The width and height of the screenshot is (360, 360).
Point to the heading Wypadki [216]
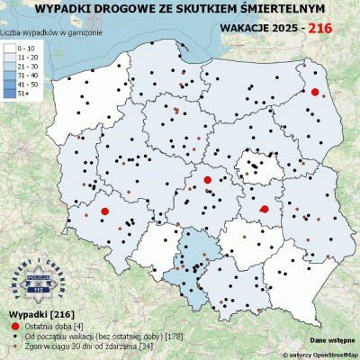[34, 312]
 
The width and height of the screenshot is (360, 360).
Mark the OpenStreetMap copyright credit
[310, 355]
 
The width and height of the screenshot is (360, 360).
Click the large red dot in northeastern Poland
[315, 92]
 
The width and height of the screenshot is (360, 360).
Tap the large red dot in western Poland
[104, 211]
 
